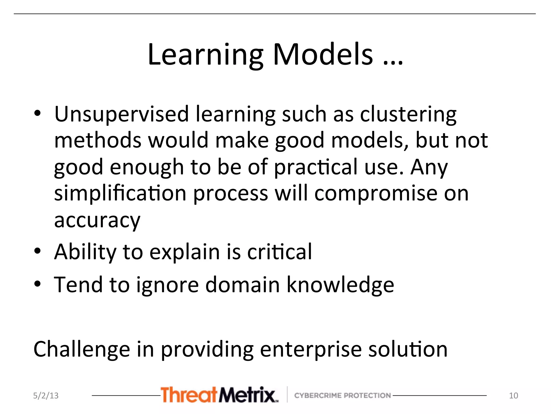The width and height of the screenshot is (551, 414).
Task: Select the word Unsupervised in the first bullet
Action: (x=122, y=115)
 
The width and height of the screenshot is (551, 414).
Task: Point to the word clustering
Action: (x=408, y=115)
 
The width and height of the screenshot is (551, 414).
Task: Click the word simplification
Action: (x=120, y=194)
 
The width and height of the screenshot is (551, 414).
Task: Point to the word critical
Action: (x=280, y=251)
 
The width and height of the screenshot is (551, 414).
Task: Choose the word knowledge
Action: (x=340, y=285)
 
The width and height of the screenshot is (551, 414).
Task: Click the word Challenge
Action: (x=82, y=349)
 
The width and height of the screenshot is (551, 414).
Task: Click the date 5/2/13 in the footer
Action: (x=46, y=395)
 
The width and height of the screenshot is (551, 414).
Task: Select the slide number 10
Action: (x=513, y=395)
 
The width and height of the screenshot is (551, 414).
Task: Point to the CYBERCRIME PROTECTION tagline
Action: (x=342, y=395)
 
